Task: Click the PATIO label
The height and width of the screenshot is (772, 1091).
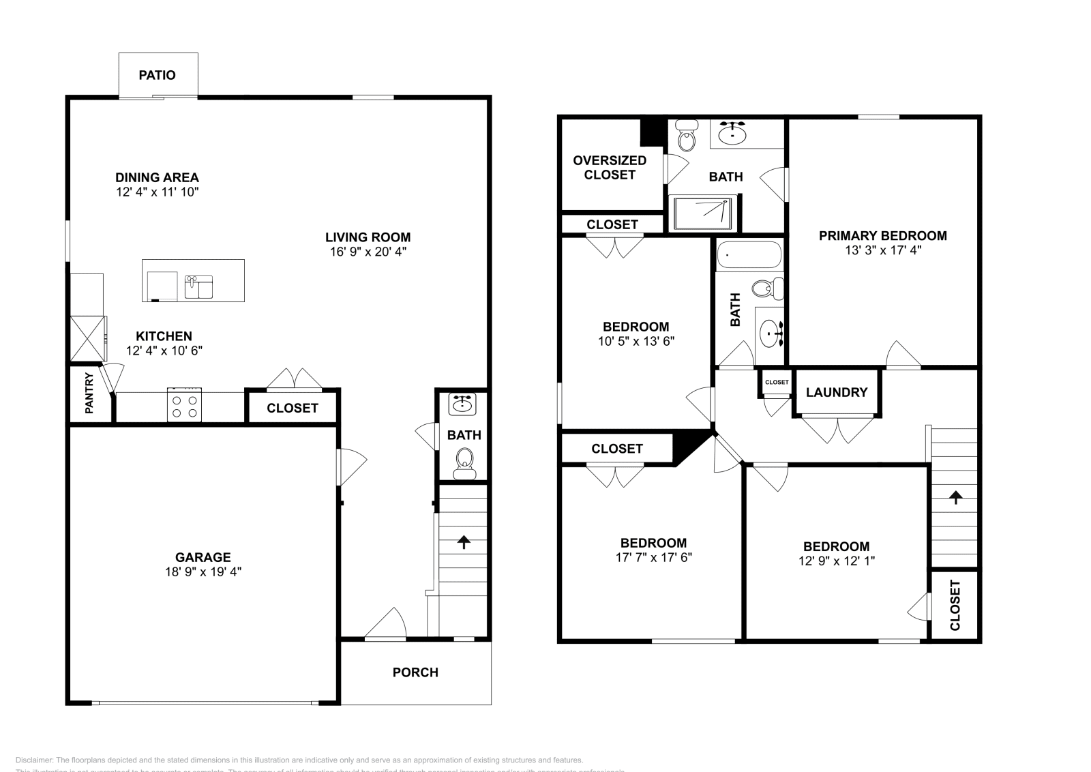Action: click(x=157, y=75)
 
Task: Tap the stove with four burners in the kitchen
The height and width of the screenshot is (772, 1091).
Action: click(x=184, y=406)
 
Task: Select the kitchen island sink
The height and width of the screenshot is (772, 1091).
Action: click(x=198, y=286)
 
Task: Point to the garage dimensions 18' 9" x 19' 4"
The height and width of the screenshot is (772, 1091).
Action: click(x=203, y=571)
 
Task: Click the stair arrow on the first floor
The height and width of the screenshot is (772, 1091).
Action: click(x=464, y=542)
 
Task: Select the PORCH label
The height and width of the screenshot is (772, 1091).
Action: click(x=415, y=672)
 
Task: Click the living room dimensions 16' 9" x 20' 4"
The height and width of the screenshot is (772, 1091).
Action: click(x=368, y=252)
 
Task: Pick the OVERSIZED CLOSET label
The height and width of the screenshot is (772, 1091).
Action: click(x=610, y=167)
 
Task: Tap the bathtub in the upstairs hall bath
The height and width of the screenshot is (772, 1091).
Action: click(x=749, y=256)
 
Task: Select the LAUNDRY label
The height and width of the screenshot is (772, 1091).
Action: click(x=836, y=392)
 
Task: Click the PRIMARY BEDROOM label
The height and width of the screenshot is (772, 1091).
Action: click(x=882, y=236)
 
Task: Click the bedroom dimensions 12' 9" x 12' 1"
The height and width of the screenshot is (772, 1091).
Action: click(x=836, y=561)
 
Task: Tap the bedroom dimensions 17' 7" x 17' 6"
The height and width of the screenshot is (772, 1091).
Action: click(x=653, y=557)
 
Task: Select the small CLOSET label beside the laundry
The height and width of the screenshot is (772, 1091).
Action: click(x=776, y=382)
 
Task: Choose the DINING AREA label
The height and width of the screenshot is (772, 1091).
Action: click(x=157, y=177)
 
